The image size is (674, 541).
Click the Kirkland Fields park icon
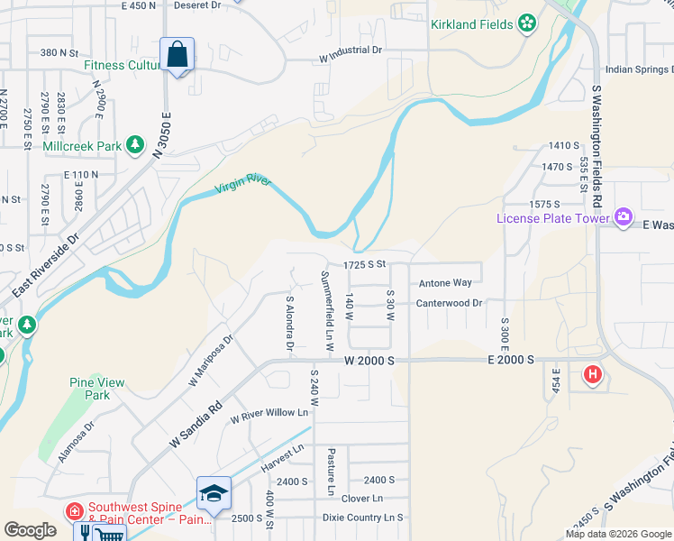point(526,23)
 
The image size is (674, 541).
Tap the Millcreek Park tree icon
point(135,144)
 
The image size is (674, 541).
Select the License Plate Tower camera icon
point(623,216)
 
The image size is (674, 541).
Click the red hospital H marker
point(592,374)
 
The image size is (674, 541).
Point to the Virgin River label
point(242,186)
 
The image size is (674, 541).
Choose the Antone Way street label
point(445,283)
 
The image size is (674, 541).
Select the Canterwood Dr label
point(449,303)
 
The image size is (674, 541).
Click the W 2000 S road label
point(369,360)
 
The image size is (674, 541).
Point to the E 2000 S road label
point(510,360)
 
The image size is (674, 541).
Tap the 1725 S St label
point(364,264)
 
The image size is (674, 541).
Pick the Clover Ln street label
point(363,499)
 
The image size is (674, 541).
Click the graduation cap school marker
point(214,493)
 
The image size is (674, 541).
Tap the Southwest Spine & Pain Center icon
point(74,511)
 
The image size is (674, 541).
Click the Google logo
point(30,530)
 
